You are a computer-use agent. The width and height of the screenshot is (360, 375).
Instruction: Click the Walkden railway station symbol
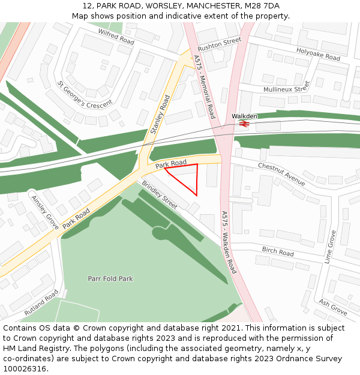tap(244, 124)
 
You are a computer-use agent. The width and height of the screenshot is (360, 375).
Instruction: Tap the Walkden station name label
tap(245, 116)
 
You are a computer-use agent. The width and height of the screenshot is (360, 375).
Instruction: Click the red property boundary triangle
tap(185, 177)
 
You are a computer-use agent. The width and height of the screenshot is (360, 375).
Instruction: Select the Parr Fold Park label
tap(110, 279)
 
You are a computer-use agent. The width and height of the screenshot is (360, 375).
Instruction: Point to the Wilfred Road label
tap(116, 37)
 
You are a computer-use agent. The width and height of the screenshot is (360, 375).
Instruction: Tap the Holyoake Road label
tap(318, 55)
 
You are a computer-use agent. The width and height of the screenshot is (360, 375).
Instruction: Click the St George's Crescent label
tap(85, 94)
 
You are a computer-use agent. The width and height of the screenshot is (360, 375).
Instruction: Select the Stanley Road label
tap(160, 113)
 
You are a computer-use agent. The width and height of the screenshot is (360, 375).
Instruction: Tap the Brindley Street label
tap(160, 195)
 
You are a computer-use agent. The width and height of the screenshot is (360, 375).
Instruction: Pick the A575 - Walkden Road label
tap(229, 242)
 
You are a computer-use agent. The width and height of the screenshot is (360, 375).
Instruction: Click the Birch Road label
tap(278, 251)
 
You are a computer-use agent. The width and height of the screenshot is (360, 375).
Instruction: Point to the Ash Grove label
tap(333, 307)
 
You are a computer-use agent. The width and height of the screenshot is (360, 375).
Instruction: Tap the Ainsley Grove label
tap(44, 211)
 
